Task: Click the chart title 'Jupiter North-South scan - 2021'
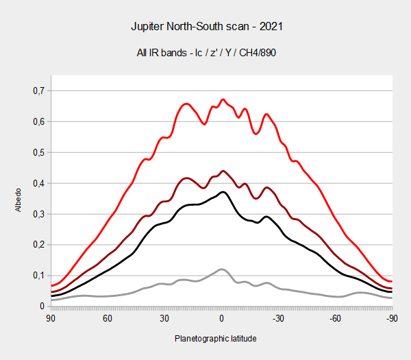click(207, 27)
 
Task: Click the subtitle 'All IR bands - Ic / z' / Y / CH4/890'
click(206, 53)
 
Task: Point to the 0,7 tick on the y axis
click(39, 91)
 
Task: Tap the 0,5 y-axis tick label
click(39, 152)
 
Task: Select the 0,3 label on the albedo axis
click(39, 214)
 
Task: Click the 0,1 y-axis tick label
click(39, 276)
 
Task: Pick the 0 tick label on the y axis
click(42, 307)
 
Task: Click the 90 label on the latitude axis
click(51, 318)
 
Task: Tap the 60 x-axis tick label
click(108, 318)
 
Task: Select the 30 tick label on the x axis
click(164, 318)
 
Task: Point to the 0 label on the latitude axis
click(221, 318)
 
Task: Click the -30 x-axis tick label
click(278, 318)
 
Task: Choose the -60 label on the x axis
click(335, 318)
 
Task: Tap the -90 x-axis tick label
click(392, 318)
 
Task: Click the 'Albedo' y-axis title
click(18, 200)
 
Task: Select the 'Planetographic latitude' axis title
click(216, 339)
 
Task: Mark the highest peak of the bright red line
click(223, 99)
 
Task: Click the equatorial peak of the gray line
click(222, 269)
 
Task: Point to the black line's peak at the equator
click(223, 192)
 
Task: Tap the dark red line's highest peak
click(223, 171)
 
